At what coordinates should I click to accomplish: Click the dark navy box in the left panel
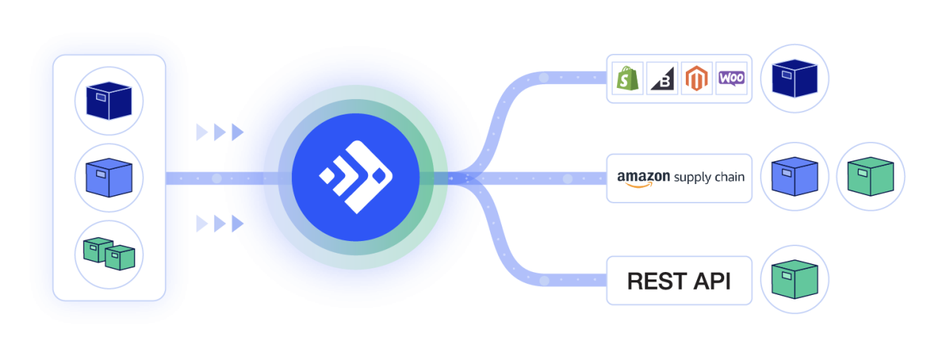109,100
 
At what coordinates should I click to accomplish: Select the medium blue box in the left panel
109,177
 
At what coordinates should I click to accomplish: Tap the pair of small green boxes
109,254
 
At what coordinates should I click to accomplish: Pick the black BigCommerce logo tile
661,78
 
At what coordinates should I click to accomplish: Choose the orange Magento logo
696,78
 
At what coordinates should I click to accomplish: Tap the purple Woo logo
731,78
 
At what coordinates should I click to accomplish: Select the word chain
729,177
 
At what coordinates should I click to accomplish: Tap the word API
712,281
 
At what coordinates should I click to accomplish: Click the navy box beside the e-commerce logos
794,78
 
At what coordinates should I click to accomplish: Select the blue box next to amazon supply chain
794,177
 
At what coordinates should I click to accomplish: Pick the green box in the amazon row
870,177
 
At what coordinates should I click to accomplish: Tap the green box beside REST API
794,280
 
